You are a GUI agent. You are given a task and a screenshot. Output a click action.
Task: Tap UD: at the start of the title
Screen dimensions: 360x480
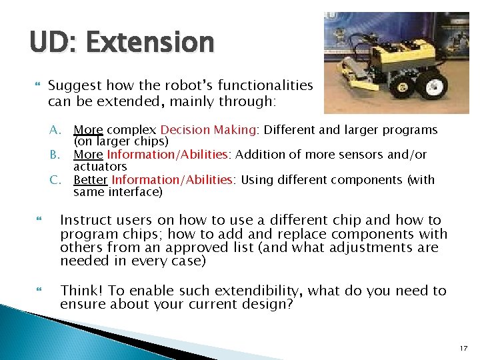(x=53, y=43)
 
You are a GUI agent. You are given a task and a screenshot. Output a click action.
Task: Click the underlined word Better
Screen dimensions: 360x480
(x=91, y=180)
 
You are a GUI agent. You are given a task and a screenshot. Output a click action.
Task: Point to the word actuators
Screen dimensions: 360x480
(x=100, y=167)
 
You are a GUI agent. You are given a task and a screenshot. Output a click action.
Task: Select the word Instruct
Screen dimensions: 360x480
(x=86, y=221)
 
